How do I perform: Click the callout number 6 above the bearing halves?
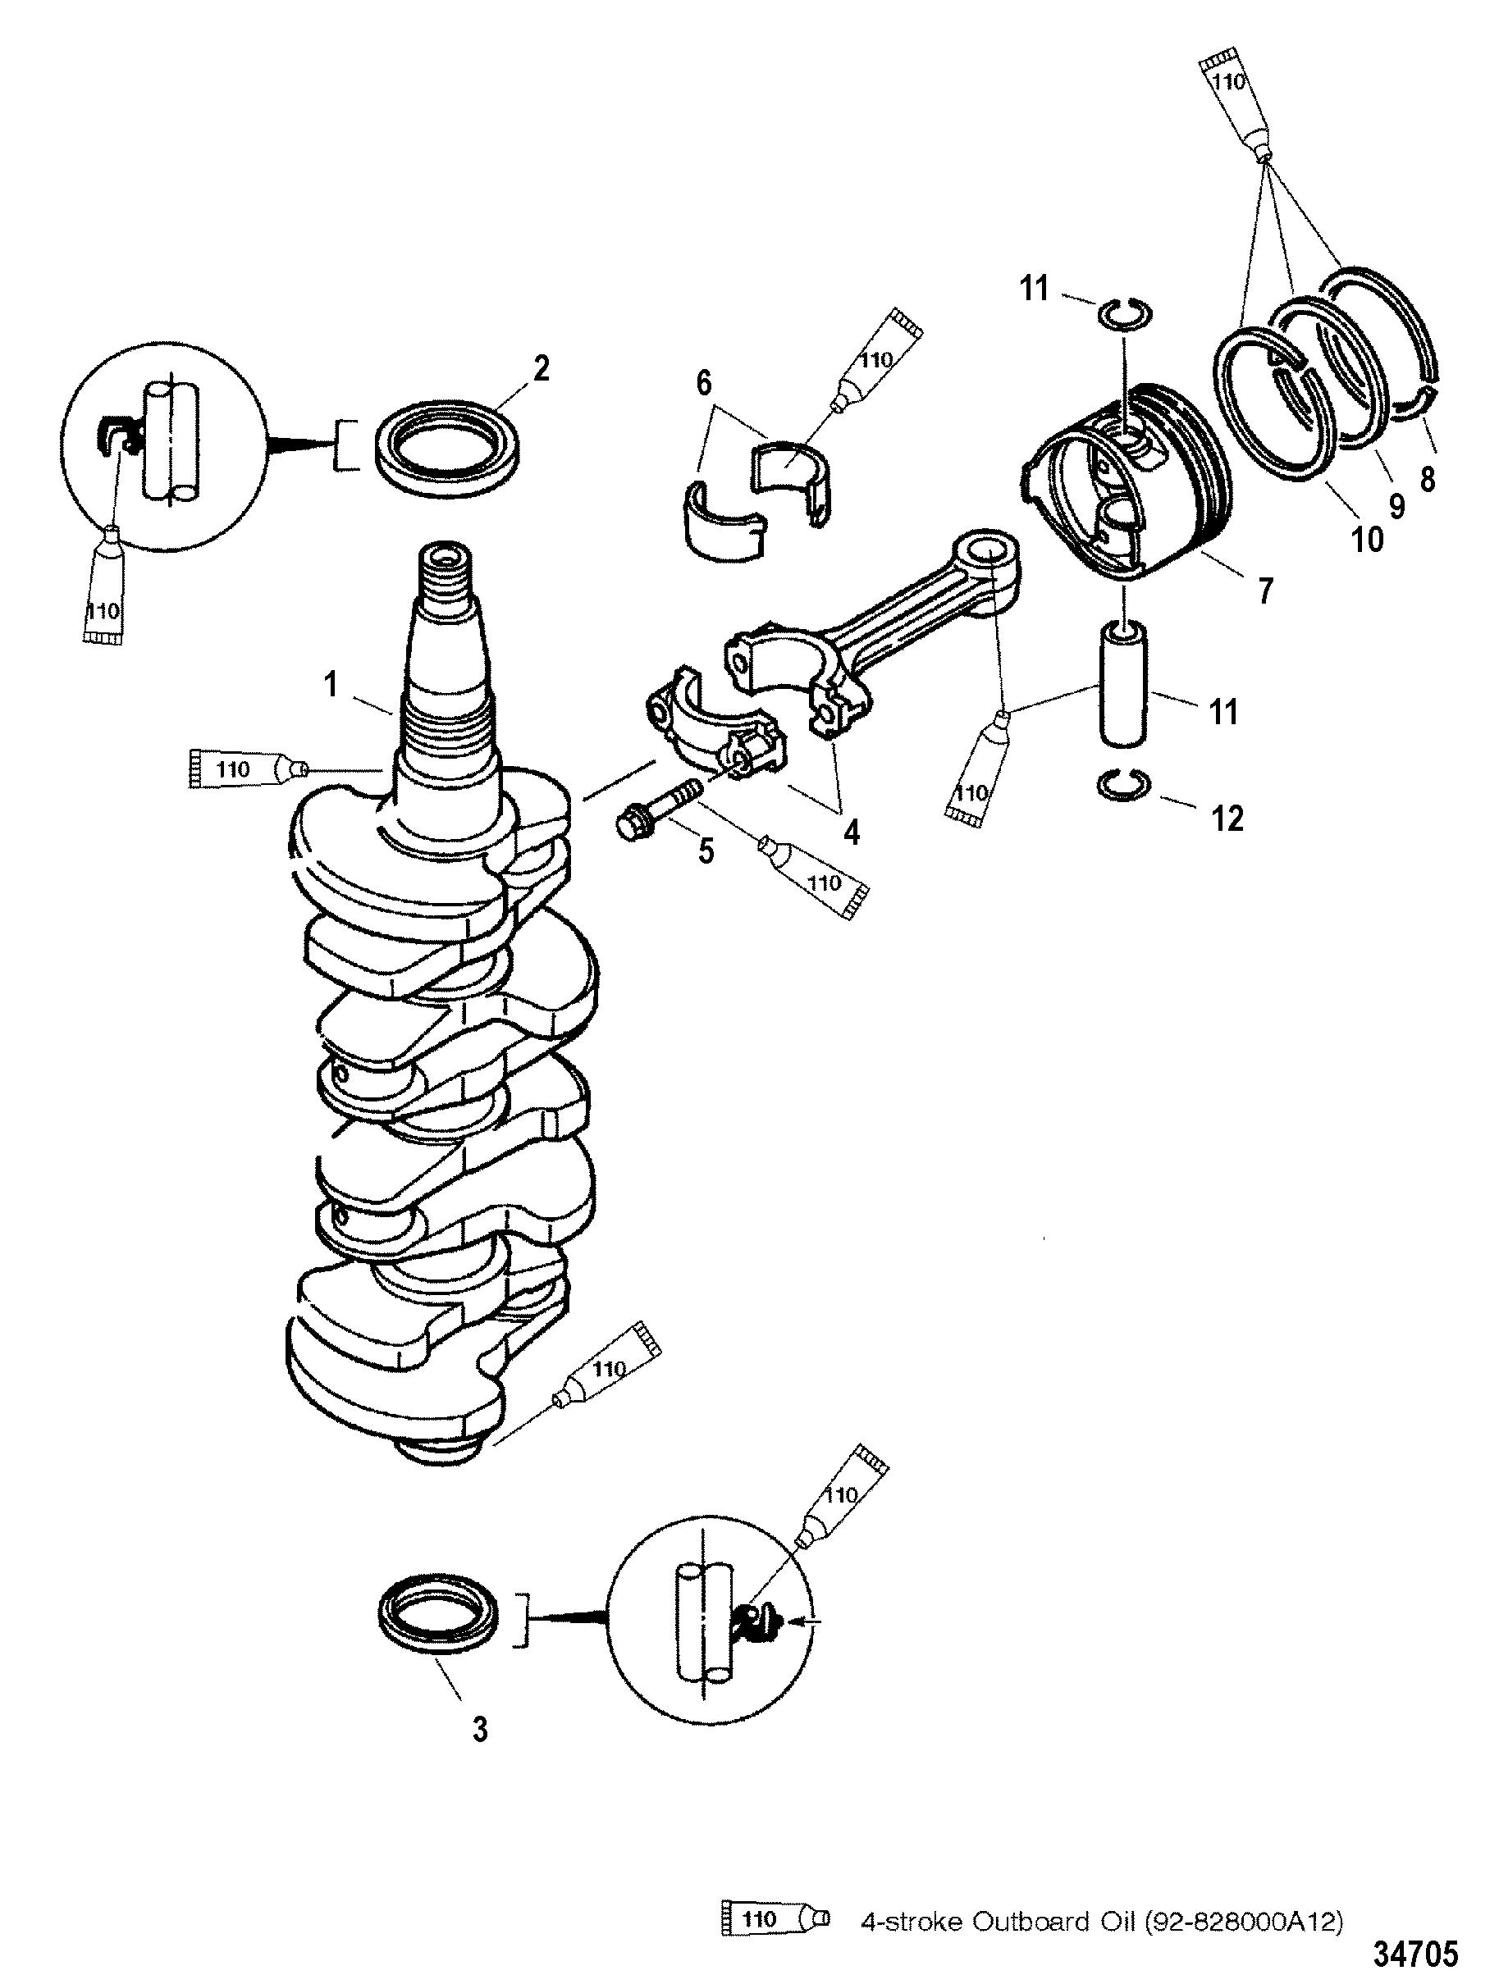point(703,385)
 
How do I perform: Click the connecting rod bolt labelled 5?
point(661,811)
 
